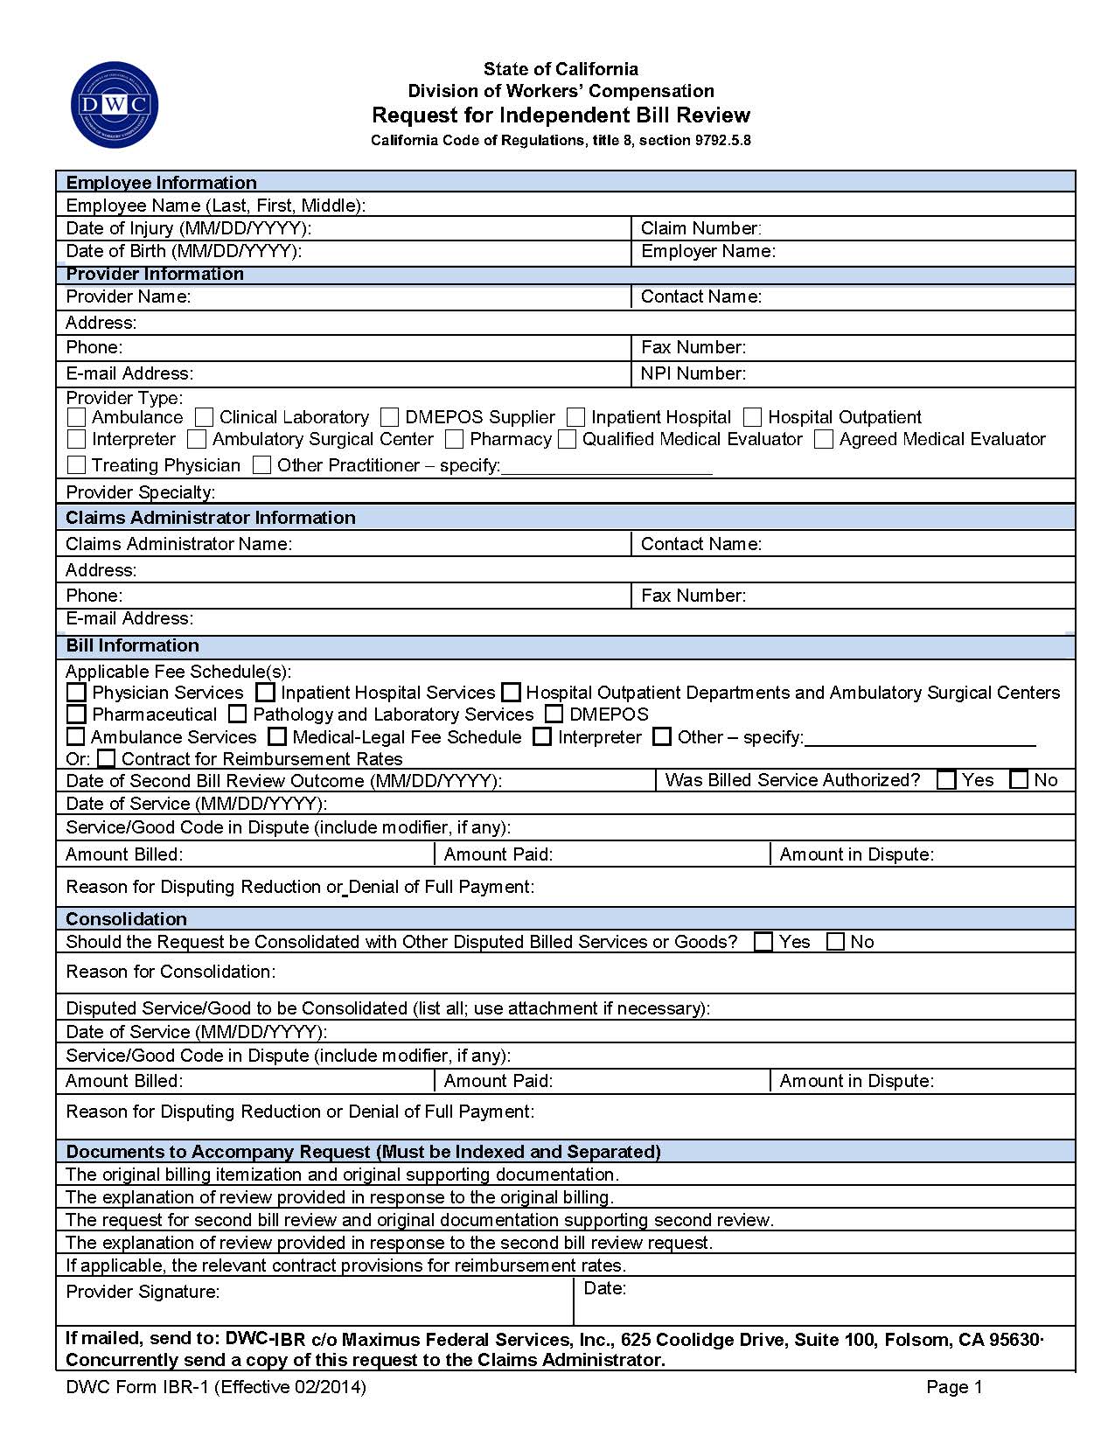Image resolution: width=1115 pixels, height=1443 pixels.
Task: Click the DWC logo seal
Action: coord(115,105)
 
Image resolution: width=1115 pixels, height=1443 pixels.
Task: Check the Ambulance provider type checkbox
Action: coord(77,417)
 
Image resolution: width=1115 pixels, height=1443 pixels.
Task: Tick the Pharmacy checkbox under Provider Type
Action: coord(454,439)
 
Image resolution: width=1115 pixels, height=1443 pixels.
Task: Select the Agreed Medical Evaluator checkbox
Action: coord(824,439)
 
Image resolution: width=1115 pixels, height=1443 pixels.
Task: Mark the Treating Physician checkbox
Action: coord(77,465)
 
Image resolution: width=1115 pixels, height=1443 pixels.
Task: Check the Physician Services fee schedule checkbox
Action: coord(77,693)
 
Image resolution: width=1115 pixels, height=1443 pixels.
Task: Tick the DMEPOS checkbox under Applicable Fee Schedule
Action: coord(554,715)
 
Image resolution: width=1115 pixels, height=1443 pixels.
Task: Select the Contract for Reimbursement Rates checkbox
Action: coord(106,758)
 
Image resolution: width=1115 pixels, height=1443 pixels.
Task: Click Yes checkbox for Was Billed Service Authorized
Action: coord(946,780)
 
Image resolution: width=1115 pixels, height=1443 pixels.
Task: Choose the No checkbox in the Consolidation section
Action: coord(836,942)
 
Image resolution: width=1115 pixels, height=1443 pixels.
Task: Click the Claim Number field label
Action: coord(700,228)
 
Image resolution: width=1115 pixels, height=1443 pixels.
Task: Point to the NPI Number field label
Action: coord(693,373)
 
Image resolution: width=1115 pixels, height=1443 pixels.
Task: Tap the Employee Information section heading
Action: coord(162,183)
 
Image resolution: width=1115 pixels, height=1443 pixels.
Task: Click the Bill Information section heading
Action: coord(133,645)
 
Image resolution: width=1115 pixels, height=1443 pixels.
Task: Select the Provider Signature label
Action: coord(143,1292)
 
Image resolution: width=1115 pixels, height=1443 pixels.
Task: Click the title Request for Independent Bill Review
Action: coord(561,115)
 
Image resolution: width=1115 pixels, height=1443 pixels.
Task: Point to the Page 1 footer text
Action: coord(954,1387)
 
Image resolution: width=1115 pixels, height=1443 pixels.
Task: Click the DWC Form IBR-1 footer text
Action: coord(216,1387)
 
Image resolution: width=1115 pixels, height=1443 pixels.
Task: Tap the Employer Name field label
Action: coord(707,251)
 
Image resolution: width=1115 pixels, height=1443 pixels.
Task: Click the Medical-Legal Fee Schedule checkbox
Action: coord(277,737)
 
